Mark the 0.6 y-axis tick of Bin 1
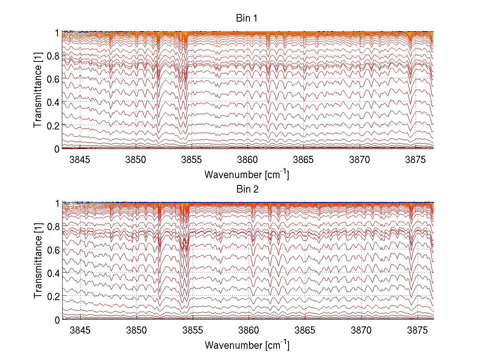click(x=54, y=79)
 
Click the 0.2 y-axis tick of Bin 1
click(x=54, y=125)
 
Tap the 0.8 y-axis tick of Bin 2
click(x=54, y=227)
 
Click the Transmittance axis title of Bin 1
click(x=38, y=91)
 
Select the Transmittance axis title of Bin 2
click(x=38, y=262)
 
